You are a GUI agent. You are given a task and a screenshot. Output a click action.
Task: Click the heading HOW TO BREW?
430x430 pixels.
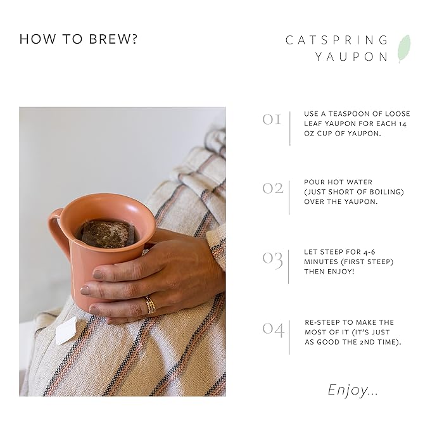(79, 39)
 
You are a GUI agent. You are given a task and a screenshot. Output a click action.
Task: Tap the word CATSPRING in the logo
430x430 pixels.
(336, 40)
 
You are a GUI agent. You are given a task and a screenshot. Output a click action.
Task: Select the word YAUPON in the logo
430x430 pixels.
(351, 56)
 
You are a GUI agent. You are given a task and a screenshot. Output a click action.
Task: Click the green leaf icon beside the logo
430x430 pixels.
(403, 49)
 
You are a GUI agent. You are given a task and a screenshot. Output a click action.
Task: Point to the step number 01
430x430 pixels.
(272, 118)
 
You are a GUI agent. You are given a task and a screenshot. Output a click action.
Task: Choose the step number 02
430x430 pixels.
(272, 188)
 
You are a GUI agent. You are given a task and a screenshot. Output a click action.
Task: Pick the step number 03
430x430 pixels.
(272, 259)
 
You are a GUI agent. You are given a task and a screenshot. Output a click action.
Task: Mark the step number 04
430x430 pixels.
(273, 329)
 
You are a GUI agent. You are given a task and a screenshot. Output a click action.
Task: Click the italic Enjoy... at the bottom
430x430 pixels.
(353, 390)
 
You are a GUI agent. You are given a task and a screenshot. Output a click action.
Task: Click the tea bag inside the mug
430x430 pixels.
(108, 233)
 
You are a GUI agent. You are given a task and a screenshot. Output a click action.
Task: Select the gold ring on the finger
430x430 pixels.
(150, 305)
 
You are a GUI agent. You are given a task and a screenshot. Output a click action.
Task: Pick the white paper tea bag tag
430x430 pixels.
(66, 331)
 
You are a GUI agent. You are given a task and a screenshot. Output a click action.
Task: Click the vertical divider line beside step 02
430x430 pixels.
(289, 196)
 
